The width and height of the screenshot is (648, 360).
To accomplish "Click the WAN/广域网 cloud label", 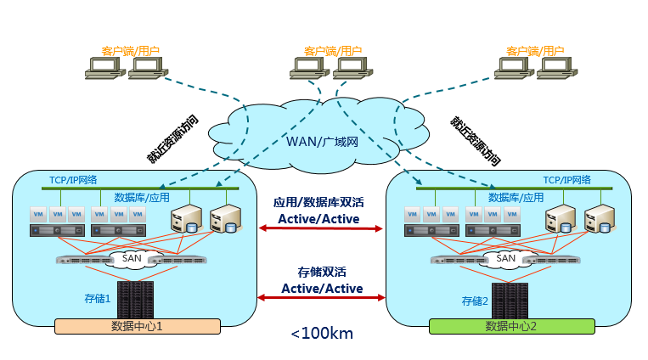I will (322, 141).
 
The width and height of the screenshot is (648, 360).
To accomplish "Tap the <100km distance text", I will (322, 334).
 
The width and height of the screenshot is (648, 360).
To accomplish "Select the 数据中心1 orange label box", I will (137, 325).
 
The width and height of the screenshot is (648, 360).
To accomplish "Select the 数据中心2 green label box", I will (510, 326).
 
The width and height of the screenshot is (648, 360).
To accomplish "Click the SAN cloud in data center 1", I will (132, 258).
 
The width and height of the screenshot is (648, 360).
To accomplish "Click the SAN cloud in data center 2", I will (505, 258).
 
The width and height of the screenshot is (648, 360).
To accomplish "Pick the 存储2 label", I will (475, 300).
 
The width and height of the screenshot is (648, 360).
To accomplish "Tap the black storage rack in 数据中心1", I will (136, 299).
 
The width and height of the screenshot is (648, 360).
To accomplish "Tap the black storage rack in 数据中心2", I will (510, 300).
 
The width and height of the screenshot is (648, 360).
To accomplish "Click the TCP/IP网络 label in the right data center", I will (567, 180).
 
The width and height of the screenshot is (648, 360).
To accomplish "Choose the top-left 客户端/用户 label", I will (125, 51).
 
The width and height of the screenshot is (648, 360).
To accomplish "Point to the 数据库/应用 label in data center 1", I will (141, 197).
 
